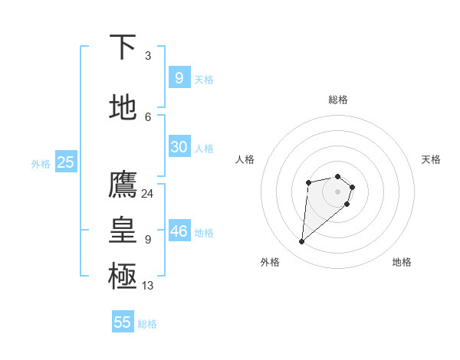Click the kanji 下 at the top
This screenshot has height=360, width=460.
(123, 47)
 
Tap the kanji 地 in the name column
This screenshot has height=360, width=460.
(123, 107)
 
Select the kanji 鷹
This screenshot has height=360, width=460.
(123, 185)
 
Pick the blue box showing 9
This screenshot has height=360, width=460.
(179, 78)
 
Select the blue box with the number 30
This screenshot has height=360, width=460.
(179, 147)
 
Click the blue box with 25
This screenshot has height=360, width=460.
(65, 162)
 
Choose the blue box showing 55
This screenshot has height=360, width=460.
(123, 322)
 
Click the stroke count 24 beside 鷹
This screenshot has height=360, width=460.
(147, 193)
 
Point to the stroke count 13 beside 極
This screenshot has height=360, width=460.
(147, 286)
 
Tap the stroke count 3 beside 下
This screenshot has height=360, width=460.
(147, 56)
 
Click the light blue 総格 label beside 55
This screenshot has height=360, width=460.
(147, 324)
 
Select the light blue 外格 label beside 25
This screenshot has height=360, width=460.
(41, 163)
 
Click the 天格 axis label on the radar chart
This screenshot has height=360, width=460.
(431, 159)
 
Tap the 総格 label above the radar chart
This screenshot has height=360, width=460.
(337, 100)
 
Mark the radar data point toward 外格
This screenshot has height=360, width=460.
(302, 242)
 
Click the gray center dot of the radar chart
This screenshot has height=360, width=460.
(337, 191)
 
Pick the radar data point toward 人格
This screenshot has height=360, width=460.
(308, 182)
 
